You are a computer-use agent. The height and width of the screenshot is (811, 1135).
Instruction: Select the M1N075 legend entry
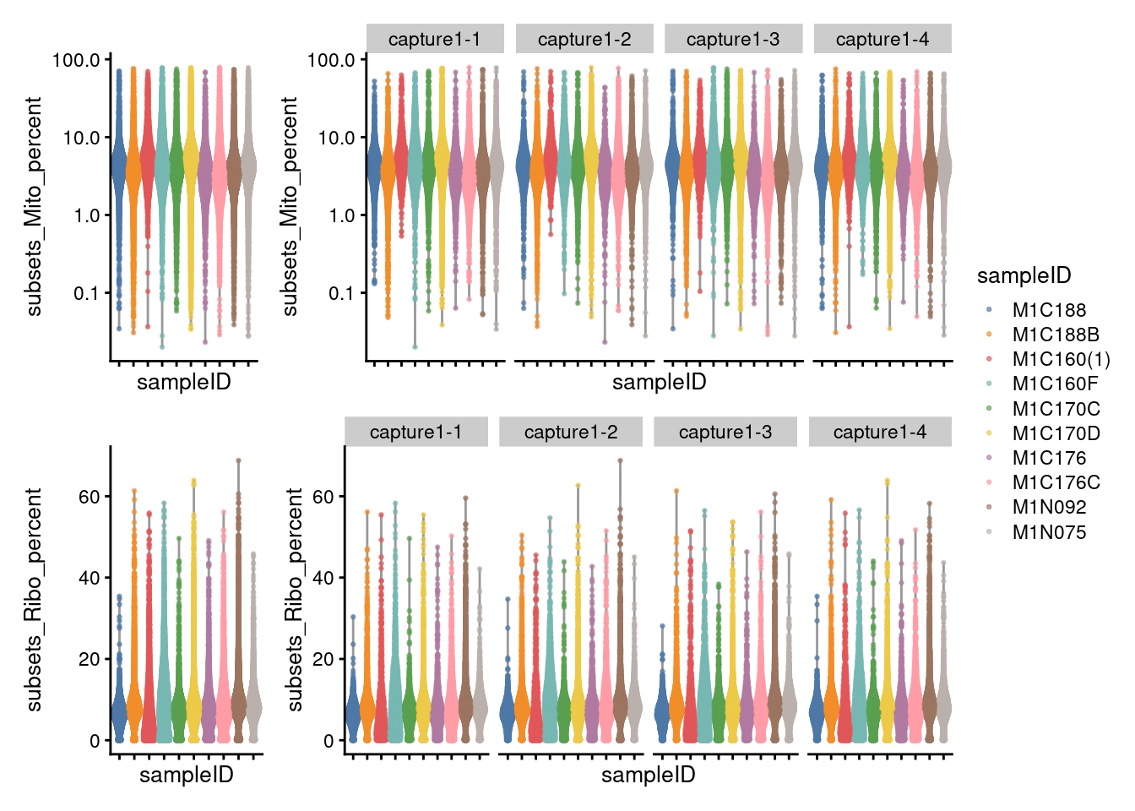click(1048, 532)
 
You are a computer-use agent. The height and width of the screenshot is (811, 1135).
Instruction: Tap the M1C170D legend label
click(1056, 433)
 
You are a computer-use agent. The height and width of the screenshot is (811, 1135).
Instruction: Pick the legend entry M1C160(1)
click(1061, 359)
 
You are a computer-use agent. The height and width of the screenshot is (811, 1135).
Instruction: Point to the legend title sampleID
click(1024, 275)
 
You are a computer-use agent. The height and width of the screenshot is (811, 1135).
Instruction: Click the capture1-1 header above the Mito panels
click(435, 39)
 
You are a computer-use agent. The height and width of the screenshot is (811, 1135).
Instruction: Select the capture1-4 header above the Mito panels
click(882, 39)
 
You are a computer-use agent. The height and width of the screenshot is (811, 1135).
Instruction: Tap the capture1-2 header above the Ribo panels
click(571, 432)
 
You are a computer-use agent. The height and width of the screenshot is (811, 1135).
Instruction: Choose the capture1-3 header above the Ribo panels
click(725, 432)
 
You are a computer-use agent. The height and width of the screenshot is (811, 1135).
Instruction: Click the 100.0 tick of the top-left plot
click(76, 60)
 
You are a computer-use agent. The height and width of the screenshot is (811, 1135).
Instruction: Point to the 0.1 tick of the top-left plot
click(86, 293)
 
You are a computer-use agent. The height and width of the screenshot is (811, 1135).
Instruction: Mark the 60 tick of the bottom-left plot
click(90, 497)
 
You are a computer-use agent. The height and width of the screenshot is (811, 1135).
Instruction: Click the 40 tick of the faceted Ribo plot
click(323, 578)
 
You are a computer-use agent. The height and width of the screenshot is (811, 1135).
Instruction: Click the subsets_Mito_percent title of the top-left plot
click(34, 206)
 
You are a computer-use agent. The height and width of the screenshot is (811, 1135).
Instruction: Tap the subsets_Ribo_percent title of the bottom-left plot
click(34, 599)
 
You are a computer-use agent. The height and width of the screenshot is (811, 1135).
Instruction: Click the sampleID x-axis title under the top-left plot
click(184, 382)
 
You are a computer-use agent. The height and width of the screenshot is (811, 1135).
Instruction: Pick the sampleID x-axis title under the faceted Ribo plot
click(648, 775)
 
